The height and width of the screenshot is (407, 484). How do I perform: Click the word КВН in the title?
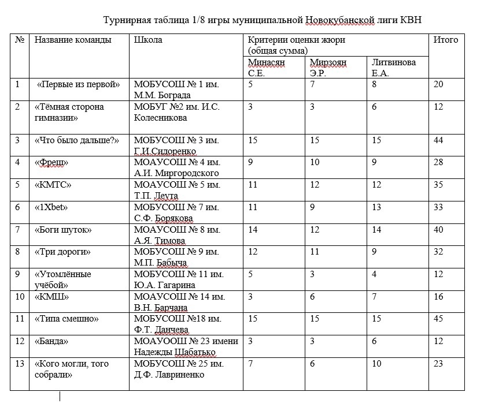click(412, 21)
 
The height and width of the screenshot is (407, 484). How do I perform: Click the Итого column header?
click(445, 40)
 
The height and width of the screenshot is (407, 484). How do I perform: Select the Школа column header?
click(147, 40)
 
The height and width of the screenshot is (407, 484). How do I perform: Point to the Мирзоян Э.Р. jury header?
click(328, 68)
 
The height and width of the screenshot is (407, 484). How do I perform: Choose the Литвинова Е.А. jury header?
click(393, 68)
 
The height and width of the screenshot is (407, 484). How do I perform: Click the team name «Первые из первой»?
click(78, 84)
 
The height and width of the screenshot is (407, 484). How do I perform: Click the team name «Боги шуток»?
click(64, 230)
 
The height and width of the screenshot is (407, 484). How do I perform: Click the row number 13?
click(20, 364)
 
